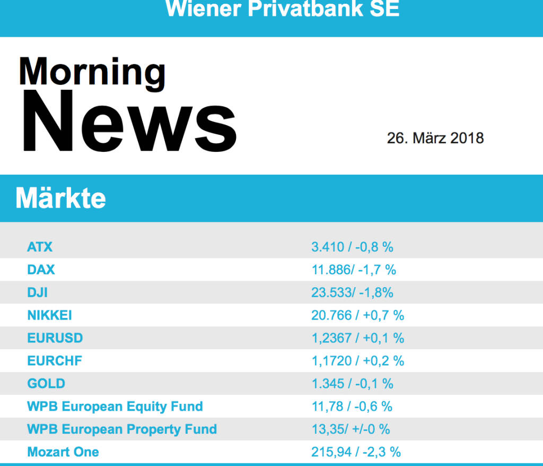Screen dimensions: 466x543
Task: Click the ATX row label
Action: pyautogui.click(x=40, y=247)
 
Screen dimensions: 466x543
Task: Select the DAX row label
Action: pyautogui.click(x=41, y=270)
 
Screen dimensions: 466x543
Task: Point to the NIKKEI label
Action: pyautogui.click(x=49, y=315)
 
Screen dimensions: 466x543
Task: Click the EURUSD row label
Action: pyautogui.click(x=55, y=338)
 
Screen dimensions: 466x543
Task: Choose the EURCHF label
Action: pyautogui.click(x=55, y=361)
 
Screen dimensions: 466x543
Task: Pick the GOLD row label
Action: pyautogui.click(x=46, y=384)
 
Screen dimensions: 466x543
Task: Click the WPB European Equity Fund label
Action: pyautogui.click(x=115, y=407)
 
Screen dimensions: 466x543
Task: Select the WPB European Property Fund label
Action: pyautogui.click(x=121, y=429)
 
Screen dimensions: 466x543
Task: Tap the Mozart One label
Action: pyautogui.click(x=63, y=452)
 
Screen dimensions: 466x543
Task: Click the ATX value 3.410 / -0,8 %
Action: pyautogui.click(x=352, y=247)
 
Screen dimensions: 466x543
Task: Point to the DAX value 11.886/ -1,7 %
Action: pyautogui.click(x=354, y=270)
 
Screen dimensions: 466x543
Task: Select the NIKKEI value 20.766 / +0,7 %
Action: pyautogui.click(x=357, y=315)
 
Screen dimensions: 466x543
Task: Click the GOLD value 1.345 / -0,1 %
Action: pyautogui.click(x=352, y=384)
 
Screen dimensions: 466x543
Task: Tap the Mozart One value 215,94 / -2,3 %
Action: pyautogui.click(x=356, y=452)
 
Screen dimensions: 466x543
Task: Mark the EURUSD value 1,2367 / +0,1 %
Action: pyautogui.click(x=357, y=338)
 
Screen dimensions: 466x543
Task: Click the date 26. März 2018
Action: pyautogui.click(x=435, y=139)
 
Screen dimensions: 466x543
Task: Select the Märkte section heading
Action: pyautogui.click(x=60, y=199)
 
